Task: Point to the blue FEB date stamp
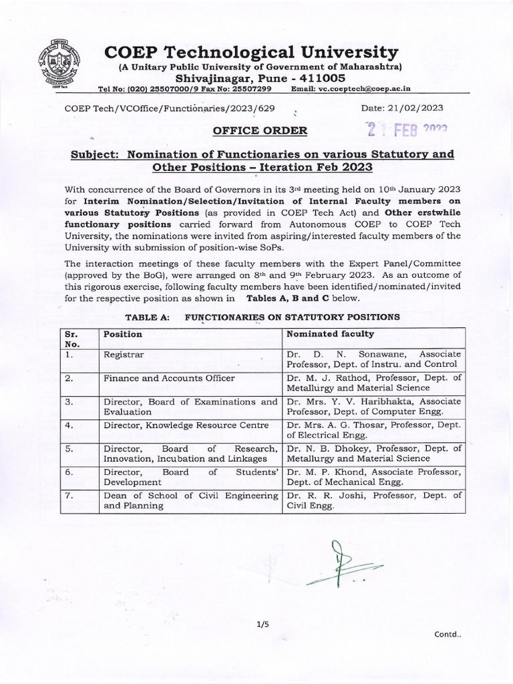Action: (x=405, y=129)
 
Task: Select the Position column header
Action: (x=123, y=333)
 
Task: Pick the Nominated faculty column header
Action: (x=330, y=333)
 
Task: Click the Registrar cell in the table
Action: (x=120, y=354)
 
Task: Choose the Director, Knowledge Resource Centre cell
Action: (x=186, y=425)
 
